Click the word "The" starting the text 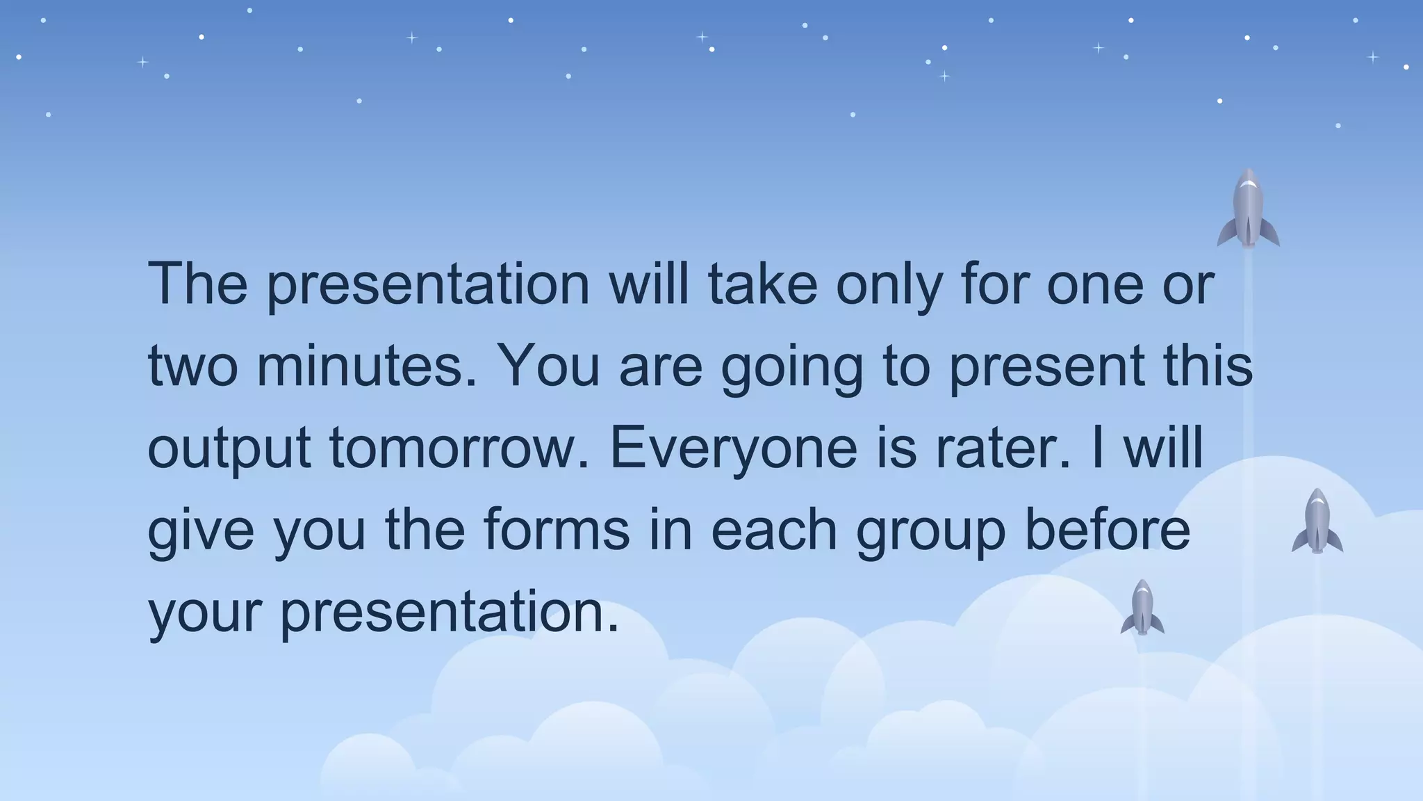pyautogui.click(x=198, y=284)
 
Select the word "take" pyautogui.click(x=762, y=284)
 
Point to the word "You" pyautogui.click(x=549, y=366)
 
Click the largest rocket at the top pyautogui.click(x=1248, y=209)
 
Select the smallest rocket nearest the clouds pyautogui.click(x=1142, y=608)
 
